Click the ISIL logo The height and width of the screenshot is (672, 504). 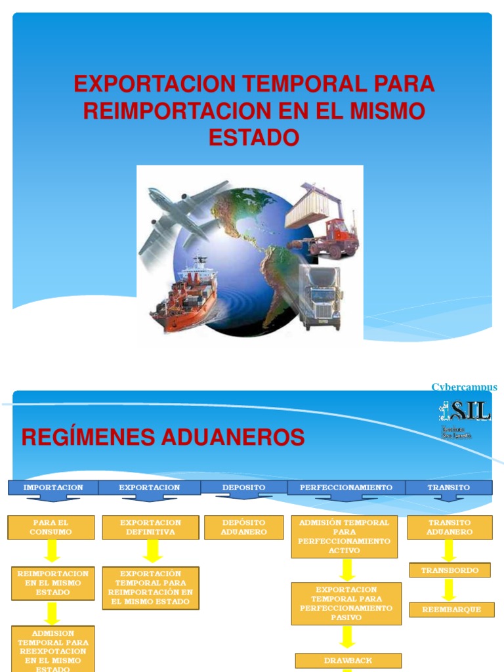465,413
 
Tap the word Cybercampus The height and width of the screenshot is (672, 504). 464,387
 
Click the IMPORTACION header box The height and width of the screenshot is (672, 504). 53,488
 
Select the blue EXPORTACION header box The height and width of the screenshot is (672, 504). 150,488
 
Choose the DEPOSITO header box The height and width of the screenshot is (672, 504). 243,488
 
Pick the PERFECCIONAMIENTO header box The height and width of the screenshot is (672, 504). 346,488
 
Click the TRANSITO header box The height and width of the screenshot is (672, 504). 449,488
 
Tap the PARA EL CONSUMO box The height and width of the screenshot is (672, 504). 51,527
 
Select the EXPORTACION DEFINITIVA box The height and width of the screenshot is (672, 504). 150,527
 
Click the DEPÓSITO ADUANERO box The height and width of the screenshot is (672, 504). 243,527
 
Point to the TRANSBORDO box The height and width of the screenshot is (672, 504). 450,570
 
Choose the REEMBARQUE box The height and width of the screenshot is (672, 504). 450,610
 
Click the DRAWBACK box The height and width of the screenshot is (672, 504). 348,660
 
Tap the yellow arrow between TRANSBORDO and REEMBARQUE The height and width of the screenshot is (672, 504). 449,589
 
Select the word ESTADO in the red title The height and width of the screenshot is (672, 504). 253,138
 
